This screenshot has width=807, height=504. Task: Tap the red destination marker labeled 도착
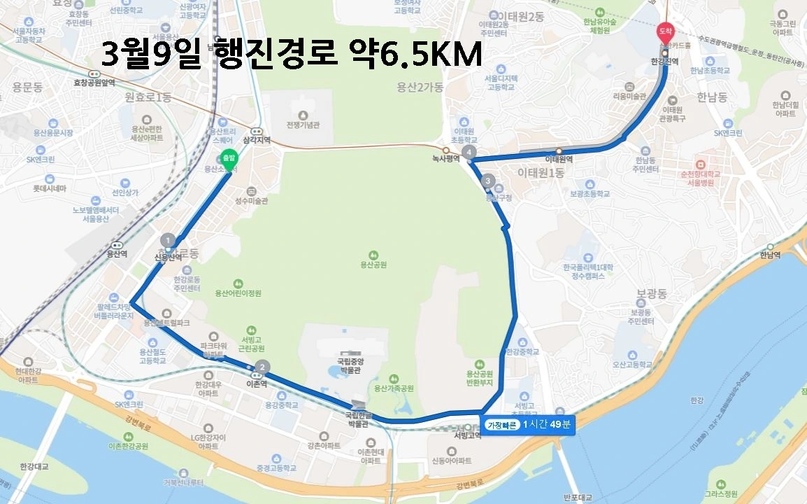[x=664, y=31]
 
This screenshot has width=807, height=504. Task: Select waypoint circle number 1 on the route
[x=167, y=240]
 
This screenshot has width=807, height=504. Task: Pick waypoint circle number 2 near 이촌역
[x=262, y=366]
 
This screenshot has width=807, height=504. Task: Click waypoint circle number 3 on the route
[x=488, y=181]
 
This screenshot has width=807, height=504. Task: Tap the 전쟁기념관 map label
[x=303, y=125]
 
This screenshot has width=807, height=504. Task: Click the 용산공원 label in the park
[x=373, y=265]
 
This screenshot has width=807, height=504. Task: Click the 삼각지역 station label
[x=257, y=140]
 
